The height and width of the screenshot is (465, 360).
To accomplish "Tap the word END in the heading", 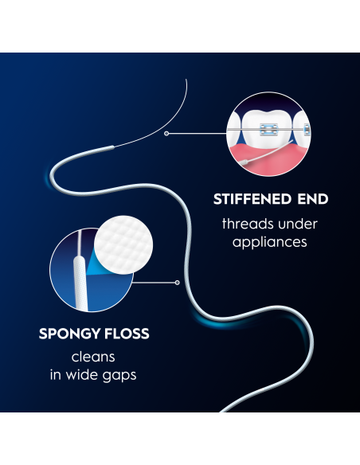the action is coord(313,199).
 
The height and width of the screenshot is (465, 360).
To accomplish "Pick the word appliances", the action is coord(269,243).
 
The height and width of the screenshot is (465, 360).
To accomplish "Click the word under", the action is coord(298,224).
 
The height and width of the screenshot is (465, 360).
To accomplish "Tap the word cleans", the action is coord(93,357).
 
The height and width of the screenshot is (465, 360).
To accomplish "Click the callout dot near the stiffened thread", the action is coord(166,134).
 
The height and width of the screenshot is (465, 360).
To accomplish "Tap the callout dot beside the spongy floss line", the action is coord(178,283).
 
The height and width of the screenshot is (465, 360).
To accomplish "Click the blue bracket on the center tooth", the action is coord(269,129).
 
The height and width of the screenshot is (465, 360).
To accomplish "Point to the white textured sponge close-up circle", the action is coord(123,245).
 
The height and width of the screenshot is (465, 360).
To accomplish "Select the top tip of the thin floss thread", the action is coord(186,79).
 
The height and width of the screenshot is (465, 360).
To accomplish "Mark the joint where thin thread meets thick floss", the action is coord(113,147).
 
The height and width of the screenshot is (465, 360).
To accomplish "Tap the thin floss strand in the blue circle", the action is coord(80,242).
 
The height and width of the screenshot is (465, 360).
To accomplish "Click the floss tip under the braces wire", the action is coord(244,162).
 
